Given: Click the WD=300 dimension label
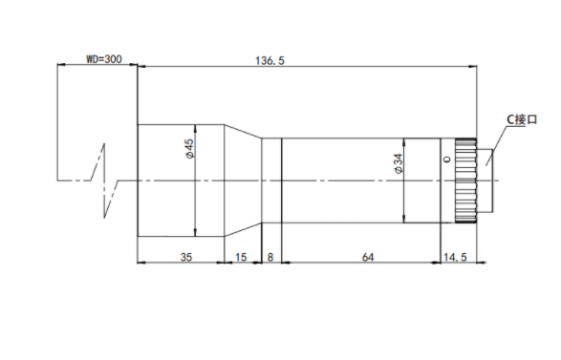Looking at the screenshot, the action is pyautogui.click(x=104, y=59).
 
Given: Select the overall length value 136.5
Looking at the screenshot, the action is pyautogui.click(x=270, y=61).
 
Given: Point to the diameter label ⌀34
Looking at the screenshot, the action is pyautogui.click(x=398, y=163).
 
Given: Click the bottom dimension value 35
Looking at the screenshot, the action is pyautogui.click(x=186, y=257).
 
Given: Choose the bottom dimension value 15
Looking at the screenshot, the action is pyautogui.click(x=241, y=257).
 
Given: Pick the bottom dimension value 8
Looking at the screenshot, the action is pyautogui.click(x=270, y=257).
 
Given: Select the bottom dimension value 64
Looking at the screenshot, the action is pyautogui.click(x=367, y=257).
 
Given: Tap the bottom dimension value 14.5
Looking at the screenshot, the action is pyautogui.click(x=455, y=257).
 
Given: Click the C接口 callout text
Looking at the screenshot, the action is pyautogui.click(x=522, y=119).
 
